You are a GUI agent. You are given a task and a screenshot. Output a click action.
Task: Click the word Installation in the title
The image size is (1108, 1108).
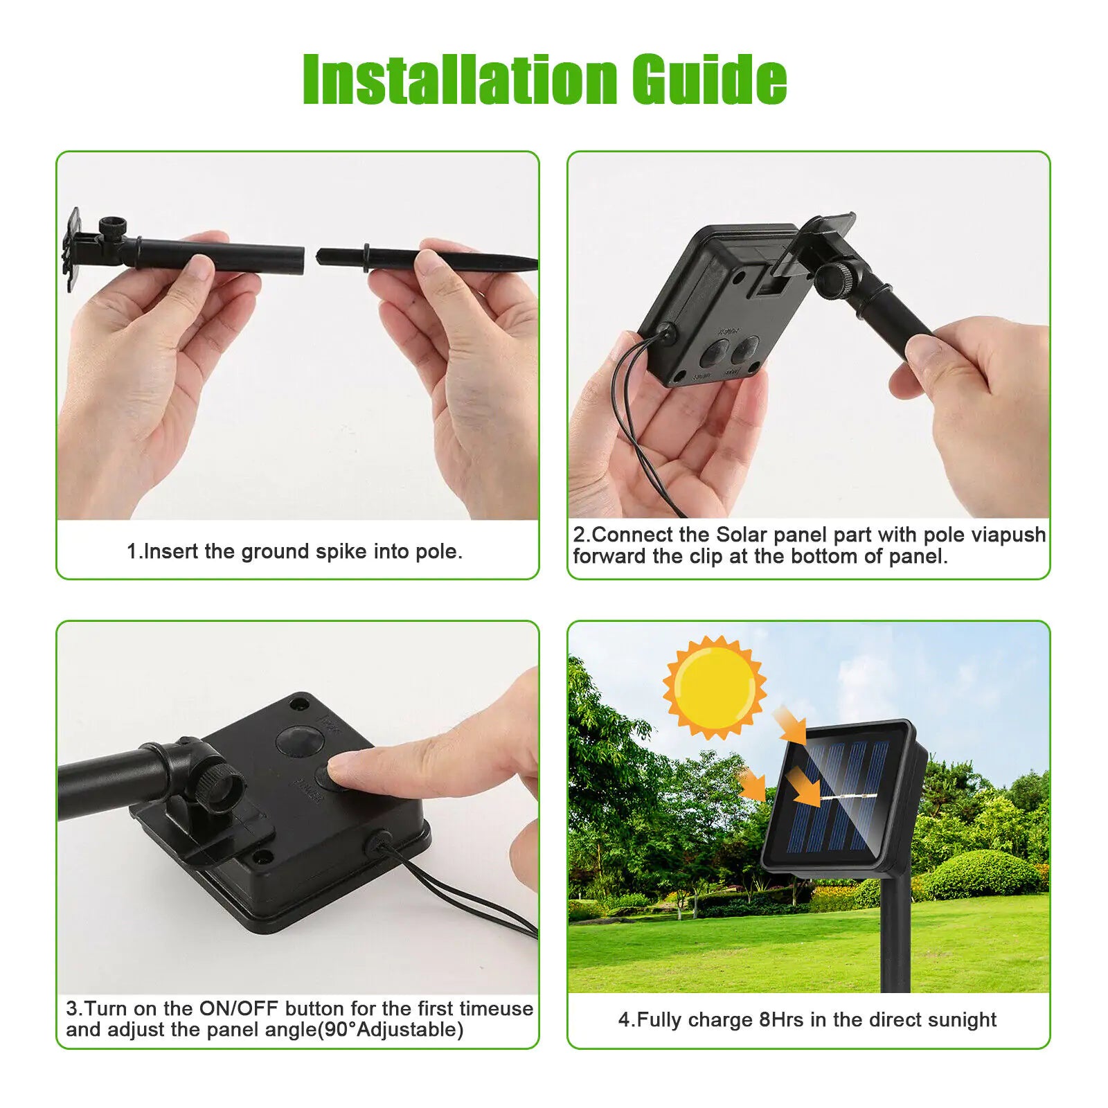click(460, 80)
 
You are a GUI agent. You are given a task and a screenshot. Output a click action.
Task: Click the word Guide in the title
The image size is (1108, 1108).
click(709, 80)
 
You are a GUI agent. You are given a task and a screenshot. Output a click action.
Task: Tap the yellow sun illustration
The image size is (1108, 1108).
click(715, 687)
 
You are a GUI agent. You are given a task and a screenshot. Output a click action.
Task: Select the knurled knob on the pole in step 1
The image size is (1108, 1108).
click(112, 227)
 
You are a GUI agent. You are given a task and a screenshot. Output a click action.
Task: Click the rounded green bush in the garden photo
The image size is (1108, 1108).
click(983, 875)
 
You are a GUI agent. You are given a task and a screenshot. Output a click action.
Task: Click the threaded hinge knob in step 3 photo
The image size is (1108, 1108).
click(220, 787)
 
